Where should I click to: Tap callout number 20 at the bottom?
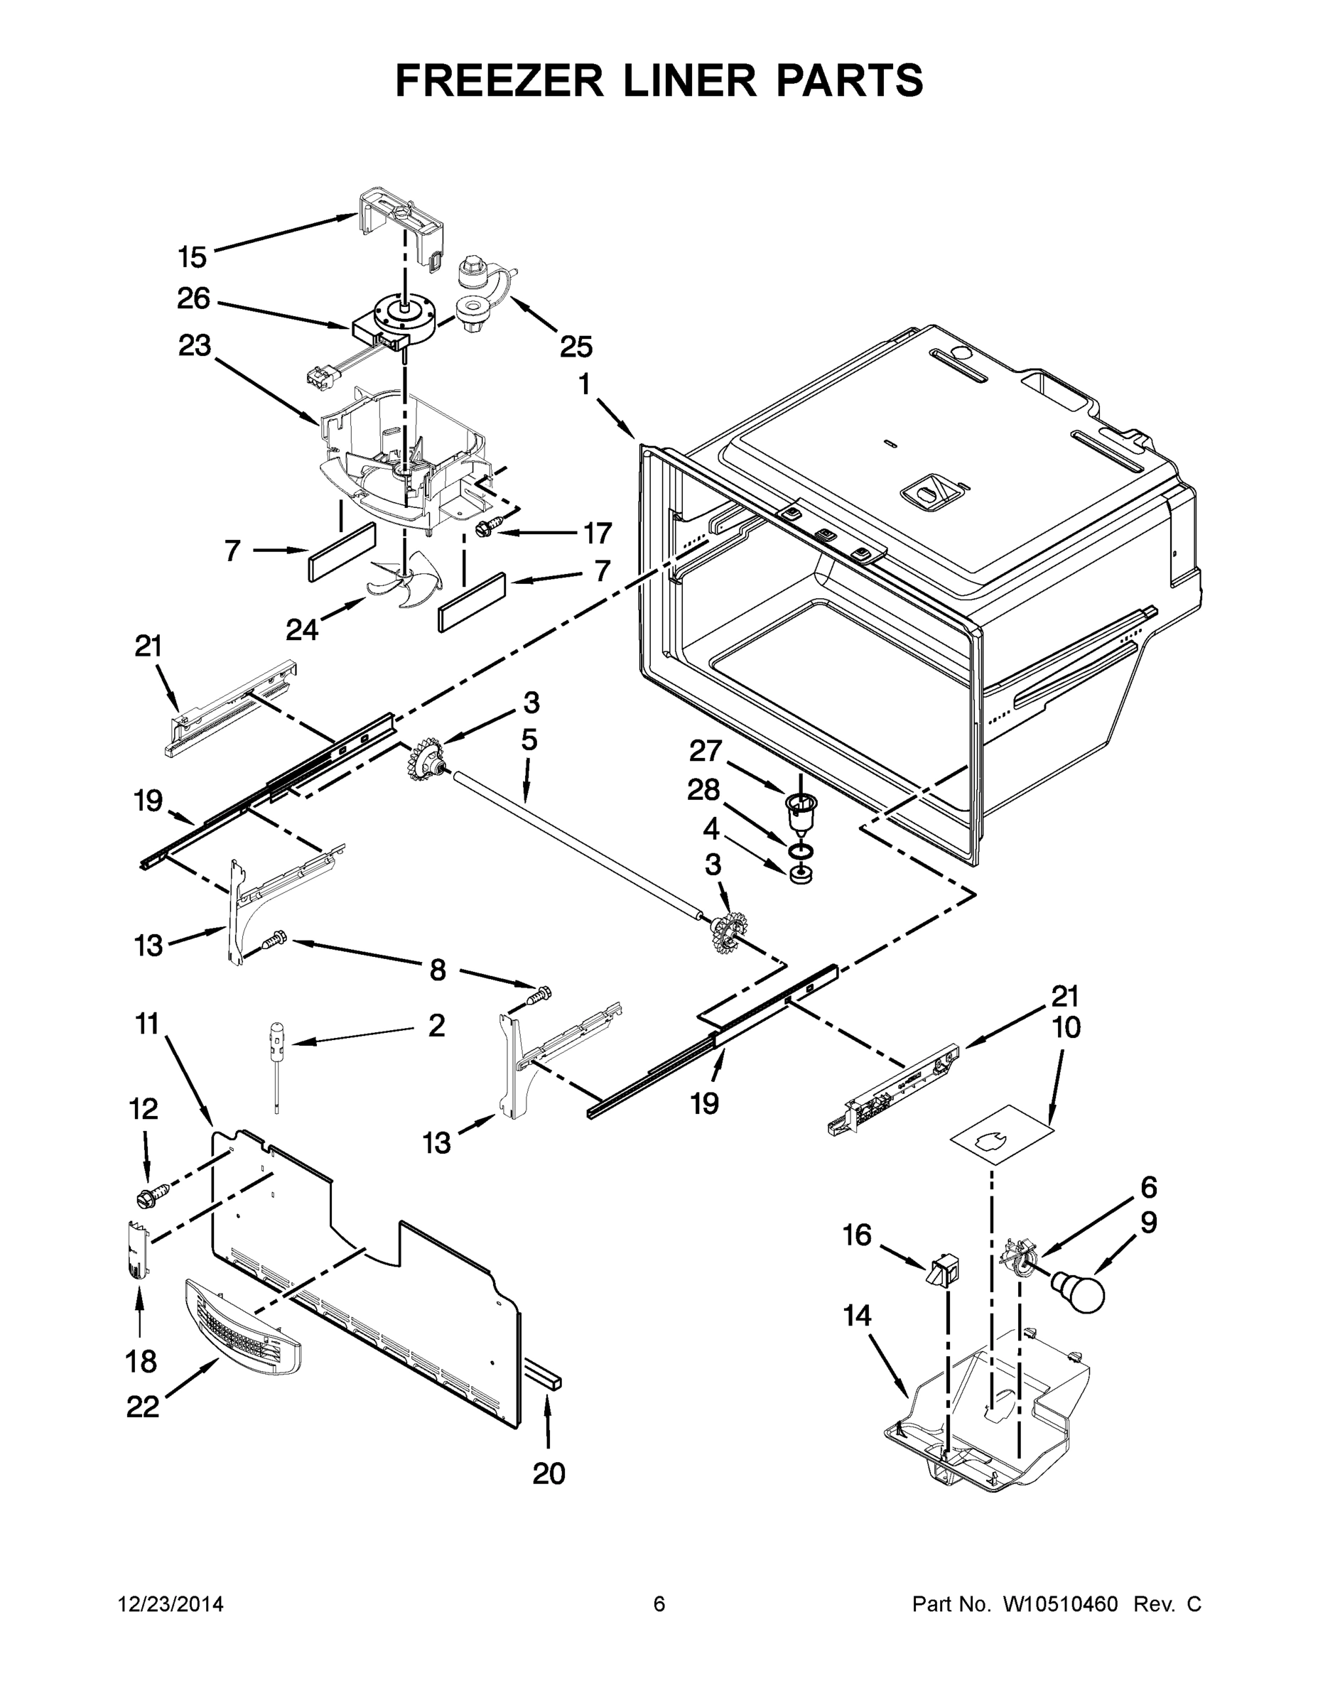(x=548, y=1474)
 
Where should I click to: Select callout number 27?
(x=705, y=751)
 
